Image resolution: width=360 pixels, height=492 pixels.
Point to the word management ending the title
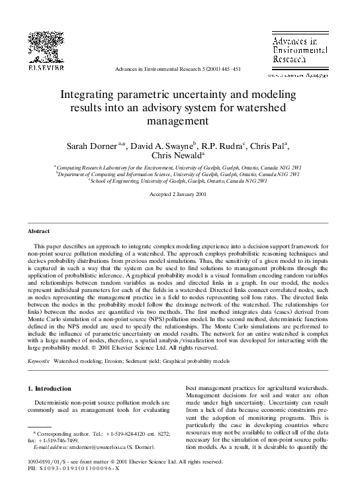pos(179,121)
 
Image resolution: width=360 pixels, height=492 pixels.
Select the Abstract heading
pos(38,231)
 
